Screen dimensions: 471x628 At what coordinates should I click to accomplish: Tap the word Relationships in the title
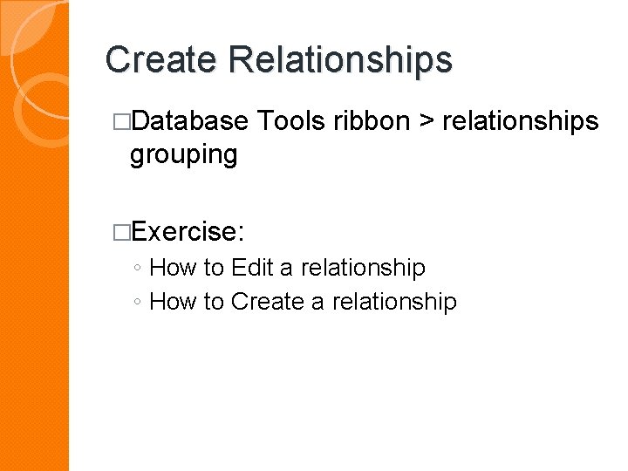[341, 60]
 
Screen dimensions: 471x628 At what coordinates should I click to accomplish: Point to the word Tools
[290, 121]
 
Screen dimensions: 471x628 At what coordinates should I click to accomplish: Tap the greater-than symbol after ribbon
[427, 122]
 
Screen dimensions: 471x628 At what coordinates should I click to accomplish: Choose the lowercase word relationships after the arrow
[521, 121]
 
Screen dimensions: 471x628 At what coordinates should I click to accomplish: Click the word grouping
[183, 155]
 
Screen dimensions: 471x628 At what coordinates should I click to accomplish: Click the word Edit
[252, 267]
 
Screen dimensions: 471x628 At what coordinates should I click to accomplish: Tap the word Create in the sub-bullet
[264, 302]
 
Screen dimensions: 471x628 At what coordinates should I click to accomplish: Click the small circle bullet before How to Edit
[139, 269]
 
